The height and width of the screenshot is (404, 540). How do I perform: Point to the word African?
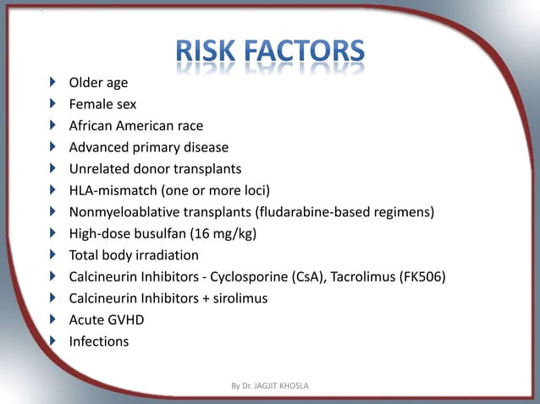[x=94, y=126]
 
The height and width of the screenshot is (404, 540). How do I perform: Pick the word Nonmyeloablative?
[x=123, y=212]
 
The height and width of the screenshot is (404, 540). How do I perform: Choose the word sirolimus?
[x=236, y=298]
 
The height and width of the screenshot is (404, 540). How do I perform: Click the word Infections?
[x=99, y=341]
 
